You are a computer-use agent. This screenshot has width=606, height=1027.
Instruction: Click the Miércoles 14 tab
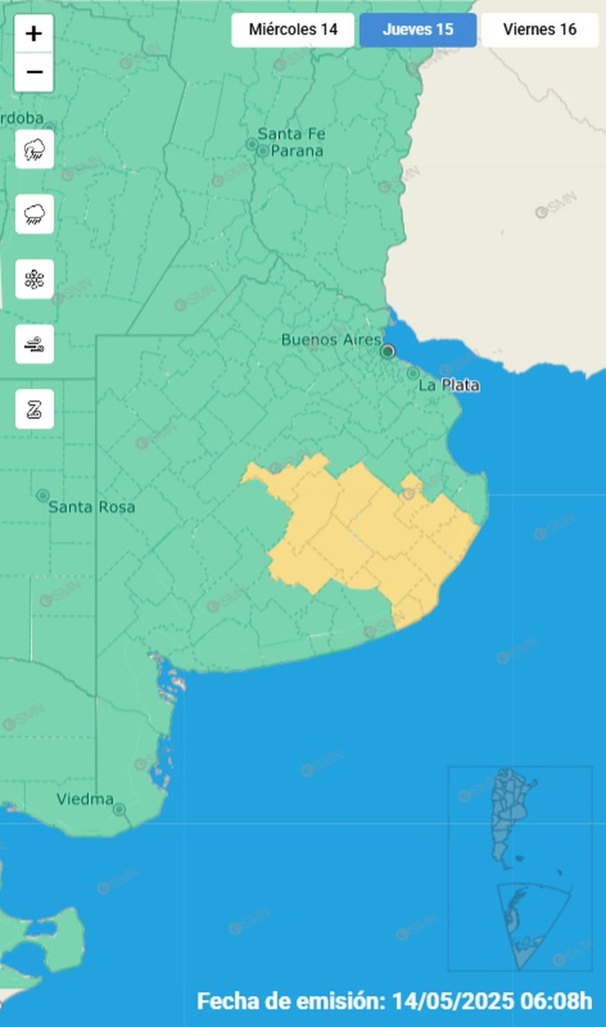pyautogui.click(x=293, y=30)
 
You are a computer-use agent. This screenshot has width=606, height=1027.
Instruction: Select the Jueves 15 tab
pyautogui.click(x=418, y=30)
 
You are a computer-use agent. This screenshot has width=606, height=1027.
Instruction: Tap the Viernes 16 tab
pyautogui.click(x=539, y=30)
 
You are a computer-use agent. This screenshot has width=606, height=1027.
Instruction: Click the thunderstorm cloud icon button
pyautogui.click(x=34, y=149)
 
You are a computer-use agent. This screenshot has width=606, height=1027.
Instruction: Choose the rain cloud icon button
pyautogui.click(x=34, y=214)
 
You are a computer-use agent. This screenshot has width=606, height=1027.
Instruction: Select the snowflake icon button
pyautogui.click(x=34, y=279)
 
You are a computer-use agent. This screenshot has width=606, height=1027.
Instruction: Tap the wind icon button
pyautogui.click(x=34, y=344)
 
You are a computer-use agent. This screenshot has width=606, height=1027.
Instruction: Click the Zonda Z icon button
pyautogui.click(x=34, y=409)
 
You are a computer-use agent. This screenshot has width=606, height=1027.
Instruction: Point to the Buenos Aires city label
pyautogui.click(x=331, y=340)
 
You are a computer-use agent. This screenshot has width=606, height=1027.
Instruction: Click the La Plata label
pyautogui.click(x=449, y=385)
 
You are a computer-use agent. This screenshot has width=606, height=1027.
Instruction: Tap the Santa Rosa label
pyautogui.click(x=91, y=507)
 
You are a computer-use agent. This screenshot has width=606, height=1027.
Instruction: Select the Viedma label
pyautogui.click(x=85, y=799)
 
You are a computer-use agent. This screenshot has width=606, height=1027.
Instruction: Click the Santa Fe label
pyautogui.click(x=291, y=134)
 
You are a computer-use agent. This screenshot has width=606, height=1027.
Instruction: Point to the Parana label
pyautogui.click(x=297, y=151)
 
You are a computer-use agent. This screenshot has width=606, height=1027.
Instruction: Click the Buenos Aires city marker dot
pyautogui.click(x=387, y=351)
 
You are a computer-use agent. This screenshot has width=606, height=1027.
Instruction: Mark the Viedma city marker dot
pyautogui.click(x=119, y=810)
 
